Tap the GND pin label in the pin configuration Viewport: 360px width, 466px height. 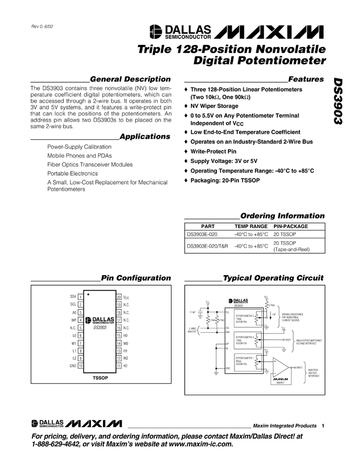[x=72, y=365]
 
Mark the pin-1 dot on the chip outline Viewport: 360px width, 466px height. [x=89, y=294]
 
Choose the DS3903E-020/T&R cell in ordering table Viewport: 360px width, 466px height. [x=207, y=246]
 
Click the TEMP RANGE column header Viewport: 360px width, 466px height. [x=251, y=226]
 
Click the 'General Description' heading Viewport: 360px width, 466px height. [x=130, y=79]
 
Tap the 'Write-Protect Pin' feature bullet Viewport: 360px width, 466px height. [x=216, y=151]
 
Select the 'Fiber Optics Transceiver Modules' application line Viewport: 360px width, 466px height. [x=90, y=164]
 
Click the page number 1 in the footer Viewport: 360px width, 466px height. [x=324, y=426]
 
